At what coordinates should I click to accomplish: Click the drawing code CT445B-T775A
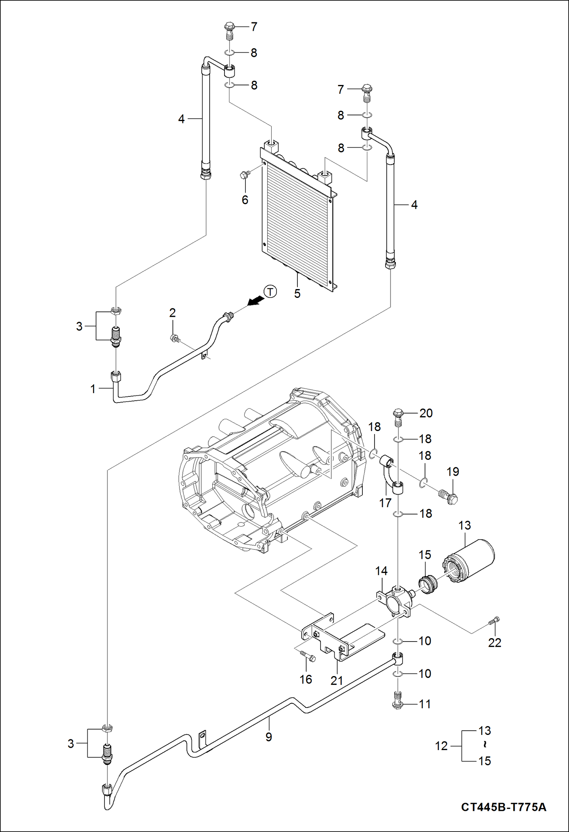(x=503, y=807)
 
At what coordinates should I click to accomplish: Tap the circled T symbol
(x=270, y=292)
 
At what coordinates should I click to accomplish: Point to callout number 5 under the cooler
(x=297, y=294)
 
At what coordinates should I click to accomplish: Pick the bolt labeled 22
(x=493, y=621)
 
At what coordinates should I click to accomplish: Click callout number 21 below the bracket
(x=337, y=681)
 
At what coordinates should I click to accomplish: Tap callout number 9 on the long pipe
(x=269, y=737)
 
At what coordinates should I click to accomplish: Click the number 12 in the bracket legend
(x=441, y=746)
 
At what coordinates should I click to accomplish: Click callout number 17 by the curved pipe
(x=385, y=503)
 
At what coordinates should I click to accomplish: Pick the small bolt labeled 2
(x=175, y=338)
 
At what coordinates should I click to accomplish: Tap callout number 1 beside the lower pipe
(x=93, y=389)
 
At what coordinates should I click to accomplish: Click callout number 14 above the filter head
(x=381, y=571)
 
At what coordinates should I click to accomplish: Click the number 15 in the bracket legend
(x=485, y=761)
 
